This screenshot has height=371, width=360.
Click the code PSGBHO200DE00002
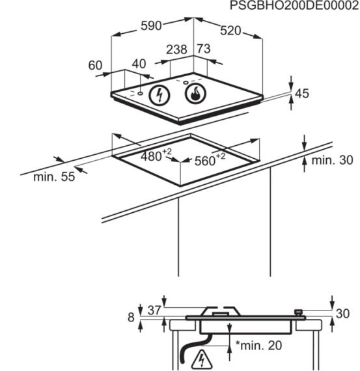pos(294,5)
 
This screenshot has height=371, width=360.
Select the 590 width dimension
pos(151,26)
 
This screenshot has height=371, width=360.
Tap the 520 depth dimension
pos(230,31)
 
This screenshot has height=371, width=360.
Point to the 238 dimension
pos(176,49)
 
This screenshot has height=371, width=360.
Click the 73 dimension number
pos(204,49)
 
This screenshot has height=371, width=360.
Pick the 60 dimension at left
pos(95,65)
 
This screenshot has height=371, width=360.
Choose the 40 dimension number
pos(139,64)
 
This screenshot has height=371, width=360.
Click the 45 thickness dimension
pos(302,94)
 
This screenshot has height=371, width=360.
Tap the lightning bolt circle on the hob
pos(159,95)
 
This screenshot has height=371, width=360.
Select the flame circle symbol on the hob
pos(195,94)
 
